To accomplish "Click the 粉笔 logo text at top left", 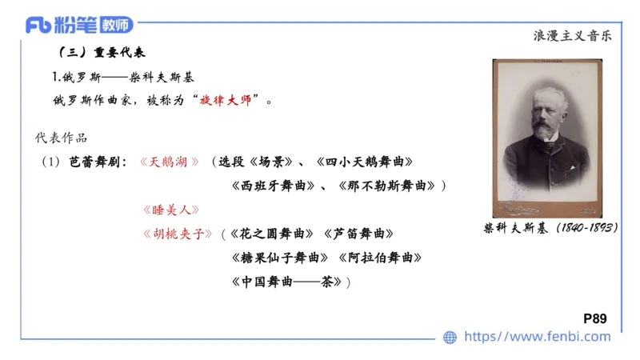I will click(75, 25).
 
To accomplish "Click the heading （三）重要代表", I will click(102, 54).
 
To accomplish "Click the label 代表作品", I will click(62, 138).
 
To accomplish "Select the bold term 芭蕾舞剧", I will click(96, 162).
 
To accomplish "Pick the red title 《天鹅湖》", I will click(169, 162).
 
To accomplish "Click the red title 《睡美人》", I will click(169, 210).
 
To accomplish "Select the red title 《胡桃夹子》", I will click(176, 234).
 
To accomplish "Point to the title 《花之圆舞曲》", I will click(271, 234).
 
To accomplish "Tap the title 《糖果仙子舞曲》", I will click(279, 258).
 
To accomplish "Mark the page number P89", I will click(595, 318).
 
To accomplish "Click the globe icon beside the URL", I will click(450, 338).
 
